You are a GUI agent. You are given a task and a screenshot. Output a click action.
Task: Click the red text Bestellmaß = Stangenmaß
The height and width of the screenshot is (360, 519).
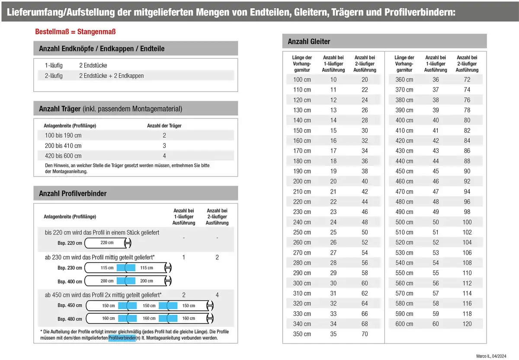click(75, 32)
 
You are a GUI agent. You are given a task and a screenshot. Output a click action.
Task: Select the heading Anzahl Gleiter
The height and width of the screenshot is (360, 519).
click(309, 41)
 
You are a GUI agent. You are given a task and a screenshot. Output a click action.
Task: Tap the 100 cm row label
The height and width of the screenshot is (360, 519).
click(302, 80)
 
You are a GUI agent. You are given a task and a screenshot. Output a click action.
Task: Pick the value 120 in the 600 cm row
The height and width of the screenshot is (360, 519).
click(467, 324)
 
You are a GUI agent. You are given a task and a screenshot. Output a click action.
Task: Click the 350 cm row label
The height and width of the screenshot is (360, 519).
click(302, 334)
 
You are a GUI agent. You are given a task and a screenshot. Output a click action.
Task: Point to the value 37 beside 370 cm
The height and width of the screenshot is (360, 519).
click(436, 90)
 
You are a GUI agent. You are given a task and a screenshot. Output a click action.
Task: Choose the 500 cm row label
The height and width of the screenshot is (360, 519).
click(404, 222)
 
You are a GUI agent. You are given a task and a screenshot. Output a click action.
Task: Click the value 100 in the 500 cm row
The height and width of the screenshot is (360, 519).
click(467, 222)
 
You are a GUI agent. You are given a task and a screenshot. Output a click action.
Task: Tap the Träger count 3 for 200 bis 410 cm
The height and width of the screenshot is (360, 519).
click(164, 146)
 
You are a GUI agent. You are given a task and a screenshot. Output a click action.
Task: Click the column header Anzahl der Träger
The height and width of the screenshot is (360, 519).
click(164, 126)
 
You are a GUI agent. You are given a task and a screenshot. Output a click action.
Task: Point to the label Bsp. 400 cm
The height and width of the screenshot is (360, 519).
click(70, 282)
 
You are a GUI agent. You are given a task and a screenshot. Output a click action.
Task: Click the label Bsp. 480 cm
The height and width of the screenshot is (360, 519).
click(70, 319)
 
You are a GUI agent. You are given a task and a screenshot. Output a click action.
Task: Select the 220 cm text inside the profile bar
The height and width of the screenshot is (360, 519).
click(107, 243)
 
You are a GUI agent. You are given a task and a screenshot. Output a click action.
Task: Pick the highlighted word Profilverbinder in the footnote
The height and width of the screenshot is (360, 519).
click(122, 338)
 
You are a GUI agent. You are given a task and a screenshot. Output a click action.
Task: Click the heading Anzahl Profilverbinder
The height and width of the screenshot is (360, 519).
click(73, 194)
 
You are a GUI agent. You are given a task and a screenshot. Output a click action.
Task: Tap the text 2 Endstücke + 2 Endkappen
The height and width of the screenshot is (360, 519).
click(111, 76)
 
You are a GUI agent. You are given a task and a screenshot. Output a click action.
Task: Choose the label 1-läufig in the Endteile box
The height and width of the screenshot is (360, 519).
click(54, 65)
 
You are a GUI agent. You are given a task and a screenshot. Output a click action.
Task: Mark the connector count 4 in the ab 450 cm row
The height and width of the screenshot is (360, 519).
click(217, 295)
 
